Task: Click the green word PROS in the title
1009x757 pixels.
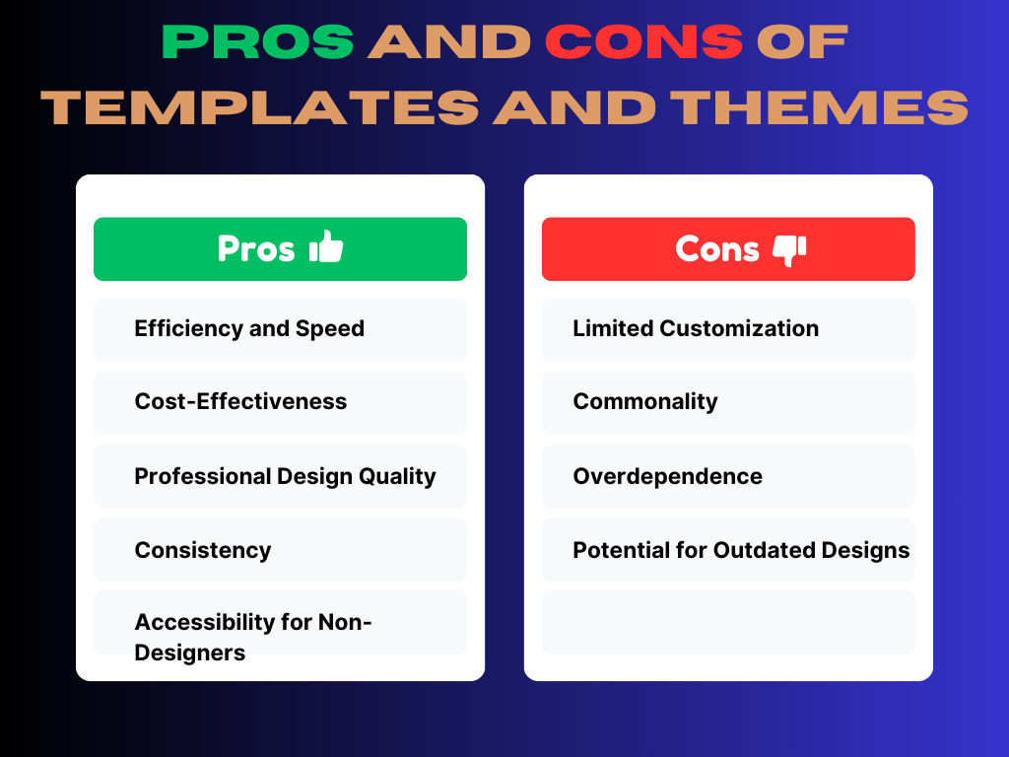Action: pyautogui.click(x=257, y=42)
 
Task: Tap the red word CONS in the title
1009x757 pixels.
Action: pyautogui.click(x=644, y=42)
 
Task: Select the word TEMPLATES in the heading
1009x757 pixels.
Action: pyautogui.click(x=260, y=106)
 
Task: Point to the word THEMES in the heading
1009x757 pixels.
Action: pyautogui.click(x=819, y=106)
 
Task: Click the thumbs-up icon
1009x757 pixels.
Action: pyautogui.click(x=326, y=246)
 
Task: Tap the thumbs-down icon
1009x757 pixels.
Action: pyautogui.click(x=789, y=250)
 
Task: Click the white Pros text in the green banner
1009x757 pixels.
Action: pyautogui.click(x=256, y=248)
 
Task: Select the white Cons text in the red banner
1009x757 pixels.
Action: pyautogui.click(x=717, y=248)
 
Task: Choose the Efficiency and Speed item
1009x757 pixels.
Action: pyautogui.click(x=249, y=329)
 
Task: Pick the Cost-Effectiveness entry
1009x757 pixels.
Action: pyautogui.click(x=240, y=402)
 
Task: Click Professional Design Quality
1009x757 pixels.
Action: pyautogui.click(x=285, y=476)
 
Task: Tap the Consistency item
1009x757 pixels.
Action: pyautogui.click(x=203, y=550)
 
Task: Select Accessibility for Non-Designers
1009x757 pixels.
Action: pyautogui.click(x=253, y=638)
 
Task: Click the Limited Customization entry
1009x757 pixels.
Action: pyautogui.click(x=696, y=329)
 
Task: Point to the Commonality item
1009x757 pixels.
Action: pyautogui.click(x=645, y=402)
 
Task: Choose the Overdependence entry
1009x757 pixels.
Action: pyautogui.click(x=667, y=476)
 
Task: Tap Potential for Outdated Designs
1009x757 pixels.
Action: pyautogui.click(x=741, y=550)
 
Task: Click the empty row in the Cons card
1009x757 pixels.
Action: pyautogui.click(x=728, y=623)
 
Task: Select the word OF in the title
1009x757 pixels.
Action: pyautogui.click(x=802, y=42)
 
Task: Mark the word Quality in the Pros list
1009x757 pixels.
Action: pyautogui.click(x=397, y=476)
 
